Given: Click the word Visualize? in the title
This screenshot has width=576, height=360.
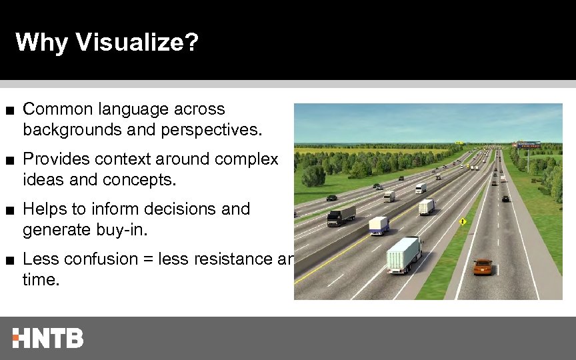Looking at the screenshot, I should pos(137,43).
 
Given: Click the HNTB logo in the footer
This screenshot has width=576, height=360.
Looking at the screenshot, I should pos(48,338).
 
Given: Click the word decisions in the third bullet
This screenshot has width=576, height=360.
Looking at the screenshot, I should pos(172,209).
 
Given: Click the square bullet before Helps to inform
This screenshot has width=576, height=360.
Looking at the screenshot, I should pos(9,210).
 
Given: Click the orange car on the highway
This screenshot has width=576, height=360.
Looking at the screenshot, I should pos(483,267).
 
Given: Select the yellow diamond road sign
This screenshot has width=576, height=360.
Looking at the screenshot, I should pos(462,221).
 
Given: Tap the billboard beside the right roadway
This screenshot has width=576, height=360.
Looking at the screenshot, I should pos(529,144).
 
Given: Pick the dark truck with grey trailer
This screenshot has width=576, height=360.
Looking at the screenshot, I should pos(342,215).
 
